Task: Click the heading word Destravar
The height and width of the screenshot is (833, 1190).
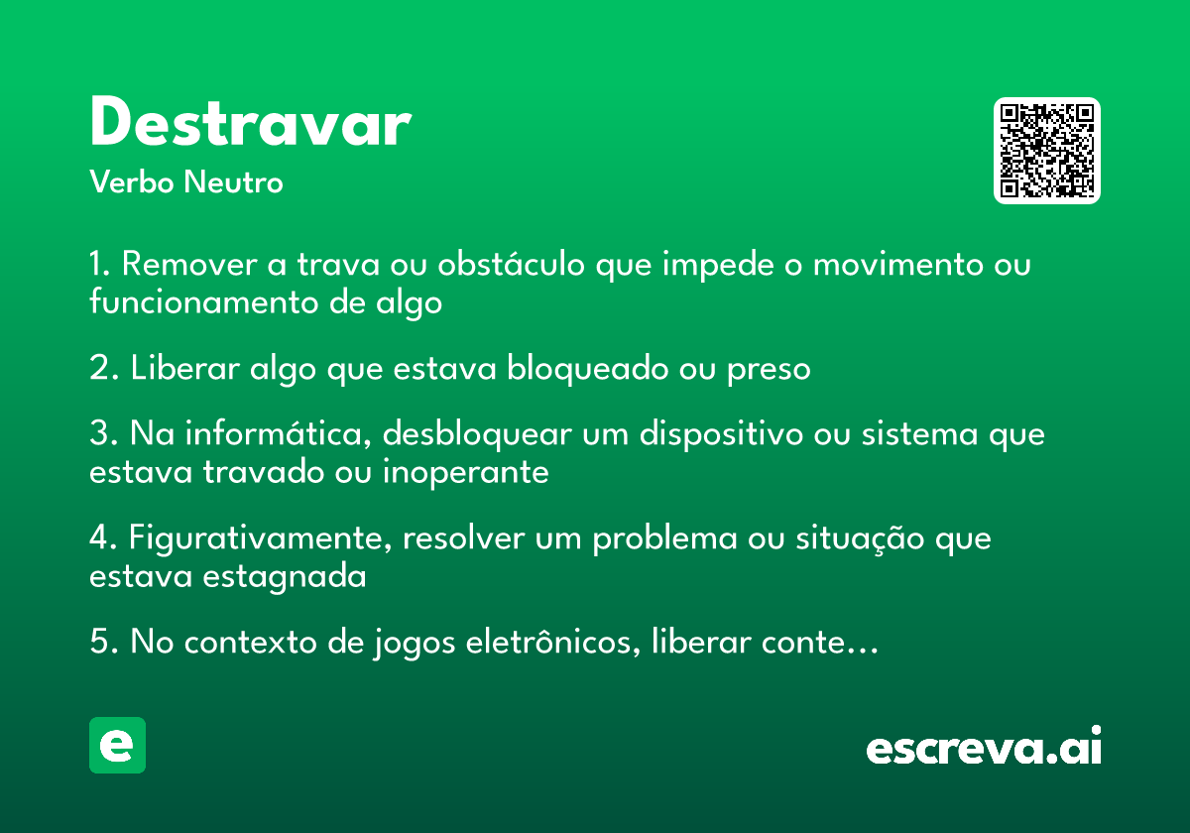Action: pyautogui.click(x=251, y=121)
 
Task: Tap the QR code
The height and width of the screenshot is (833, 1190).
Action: pyautogui.click(x=1046, y=151)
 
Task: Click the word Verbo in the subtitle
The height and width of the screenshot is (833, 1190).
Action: pyautogui.click(x=132, y=181)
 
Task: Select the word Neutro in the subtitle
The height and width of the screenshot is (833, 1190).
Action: pyautogui.click(x=233, y=181)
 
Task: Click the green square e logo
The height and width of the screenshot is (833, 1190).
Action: pyautogui.click(x=117, y=745)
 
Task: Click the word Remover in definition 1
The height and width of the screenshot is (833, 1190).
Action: pyautogui.click(x=189, y=264)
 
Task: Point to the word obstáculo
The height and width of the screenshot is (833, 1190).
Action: pyautogui.click(x=511, y=263)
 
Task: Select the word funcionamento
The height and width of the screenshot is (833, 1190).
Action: pyautogui.click(x=203, y=301)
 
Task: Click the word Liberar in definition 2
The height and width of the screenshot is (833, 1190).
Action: pyautogui.click(x=184, y=368)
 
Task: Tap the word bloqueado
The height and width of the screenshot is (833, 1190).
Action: pyautogui.click(x=587, y=369)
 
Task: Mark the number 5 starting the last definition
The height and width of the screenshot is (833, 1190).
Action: pyautogui.click(x=99, y=642)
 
